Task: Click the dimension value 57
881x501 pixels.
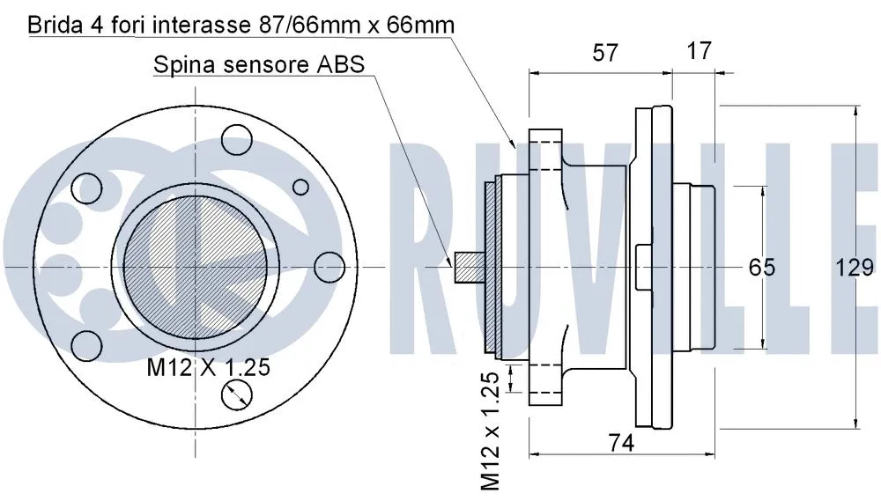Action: pyautogui.click(x=603, y=52)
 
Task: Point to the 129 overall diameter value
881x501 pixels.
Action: pyautogui.click(x=855, y=267)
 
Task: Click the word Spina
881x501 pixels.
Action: pyautogui.click(x=183, y=64)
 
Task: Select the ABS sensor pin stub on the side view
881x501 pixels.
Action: pyautogui.click(x=467, y=267)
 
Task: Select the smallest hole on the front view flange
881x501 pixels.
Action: pyautogui.click(x=300, y=187)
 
